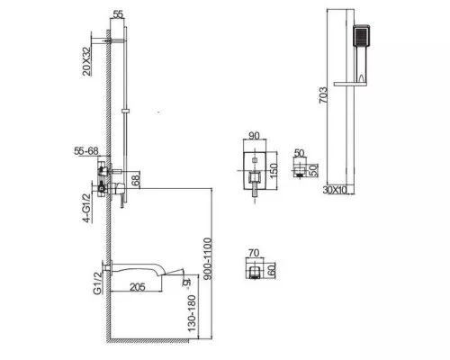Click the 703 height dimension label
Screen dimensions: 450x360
(323, 95)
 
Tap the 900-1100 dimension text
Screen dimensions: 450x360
(207, 258)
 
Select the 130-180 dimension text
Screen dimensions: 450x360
(192, 313)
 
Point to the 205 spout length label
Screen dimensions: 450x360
(138, 287)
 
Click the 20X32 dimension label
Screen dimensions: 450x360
(86, 61)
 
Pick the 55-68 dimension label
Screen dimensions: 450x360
(86, 151)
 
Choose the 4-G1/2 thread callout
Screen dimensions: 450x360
(86, 208)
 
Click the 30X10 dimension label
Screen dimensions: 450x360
(335, 190)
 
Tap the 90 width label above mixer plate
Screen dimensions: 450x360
(254, 136)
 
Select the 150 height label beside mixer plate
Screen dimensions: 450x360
(274, 170)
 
